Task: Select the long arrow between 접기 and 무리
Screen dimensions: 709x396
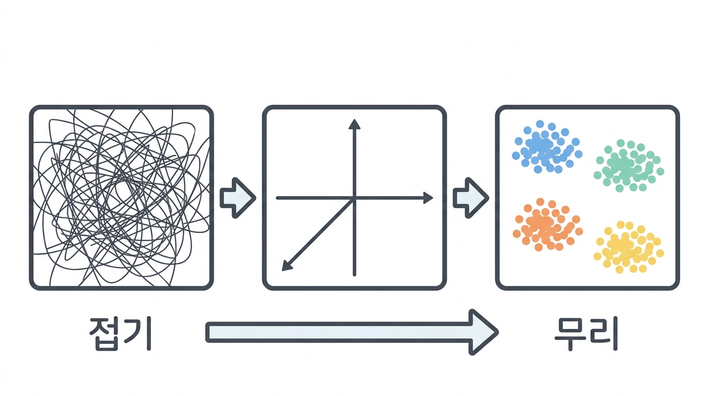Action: click(352, 333)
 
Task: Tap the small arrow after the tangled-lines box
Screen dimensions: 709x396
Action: click(238, 198)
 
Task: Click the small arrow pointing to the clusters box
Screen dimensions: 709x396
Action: click(471, 198)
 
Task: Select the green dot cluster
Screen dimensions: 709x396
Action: click(629, 166)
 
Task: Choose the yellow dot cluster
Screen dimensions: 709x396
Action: click(629, 247)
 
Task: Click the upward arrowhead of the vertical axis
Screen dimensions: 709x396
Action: click(354, 124)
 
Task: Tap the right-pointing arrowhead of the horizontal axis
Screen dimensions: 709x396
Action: click(428, 198)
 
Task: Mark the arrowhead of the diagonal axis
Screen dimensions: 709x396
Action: click(286, 266)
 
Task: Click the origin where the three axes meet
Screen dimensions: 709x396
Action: click(354, 199)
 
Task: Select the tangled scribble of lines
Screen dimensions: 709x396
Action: click(121, 197)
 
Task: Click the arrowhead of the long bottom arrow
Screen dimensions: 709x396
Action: click(483, 333)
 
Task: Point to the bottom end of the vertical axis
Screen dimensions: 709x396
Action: click(354, 275)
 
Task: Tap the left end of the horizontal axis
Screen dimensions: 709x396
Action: click(278, 198)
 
